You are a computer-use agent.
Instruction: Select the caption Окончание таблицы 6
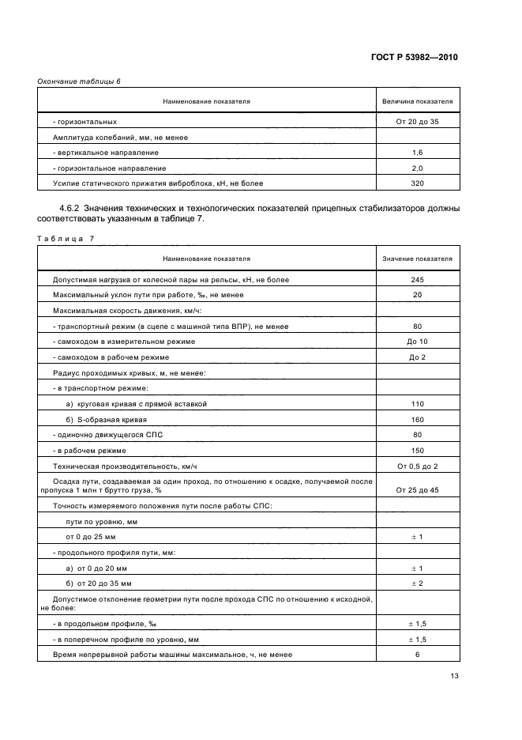[x=79, y=81]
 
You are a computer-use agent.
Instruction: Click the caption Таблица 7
[x=65, y=239]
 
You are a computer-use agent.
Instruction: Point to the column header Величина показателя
[x=417, y=102]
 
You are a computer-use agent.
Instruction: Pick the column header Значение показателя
[x=417, y=259]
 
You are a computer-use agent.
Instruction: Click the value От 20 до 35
[x=417, y=122]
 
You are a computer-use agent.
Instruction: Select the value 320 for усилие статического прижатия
[x=417, y=183]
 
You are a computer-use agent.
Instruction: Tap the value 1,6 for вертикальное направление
[x=417, y=153]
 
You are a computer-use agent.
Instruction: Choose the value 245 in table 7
[x=417, y=280]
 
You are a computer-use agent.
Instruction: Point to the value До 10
[x=417, y=342]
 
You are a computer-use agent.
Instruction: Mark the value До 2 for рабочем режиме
[x=417, y=357]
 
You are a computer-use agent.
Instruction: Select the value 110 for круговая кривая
[x=417, y=403]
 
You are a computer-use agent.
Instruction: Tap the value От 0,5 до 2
[x=417, y=466]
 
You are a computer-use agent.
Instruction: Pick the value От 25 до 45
[x=417, y=490]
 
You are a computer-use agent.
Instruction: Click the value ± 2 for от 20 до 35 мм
[x=417, y=583]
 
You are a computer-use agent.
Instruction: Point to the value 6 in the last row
[x=417, y=655]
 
